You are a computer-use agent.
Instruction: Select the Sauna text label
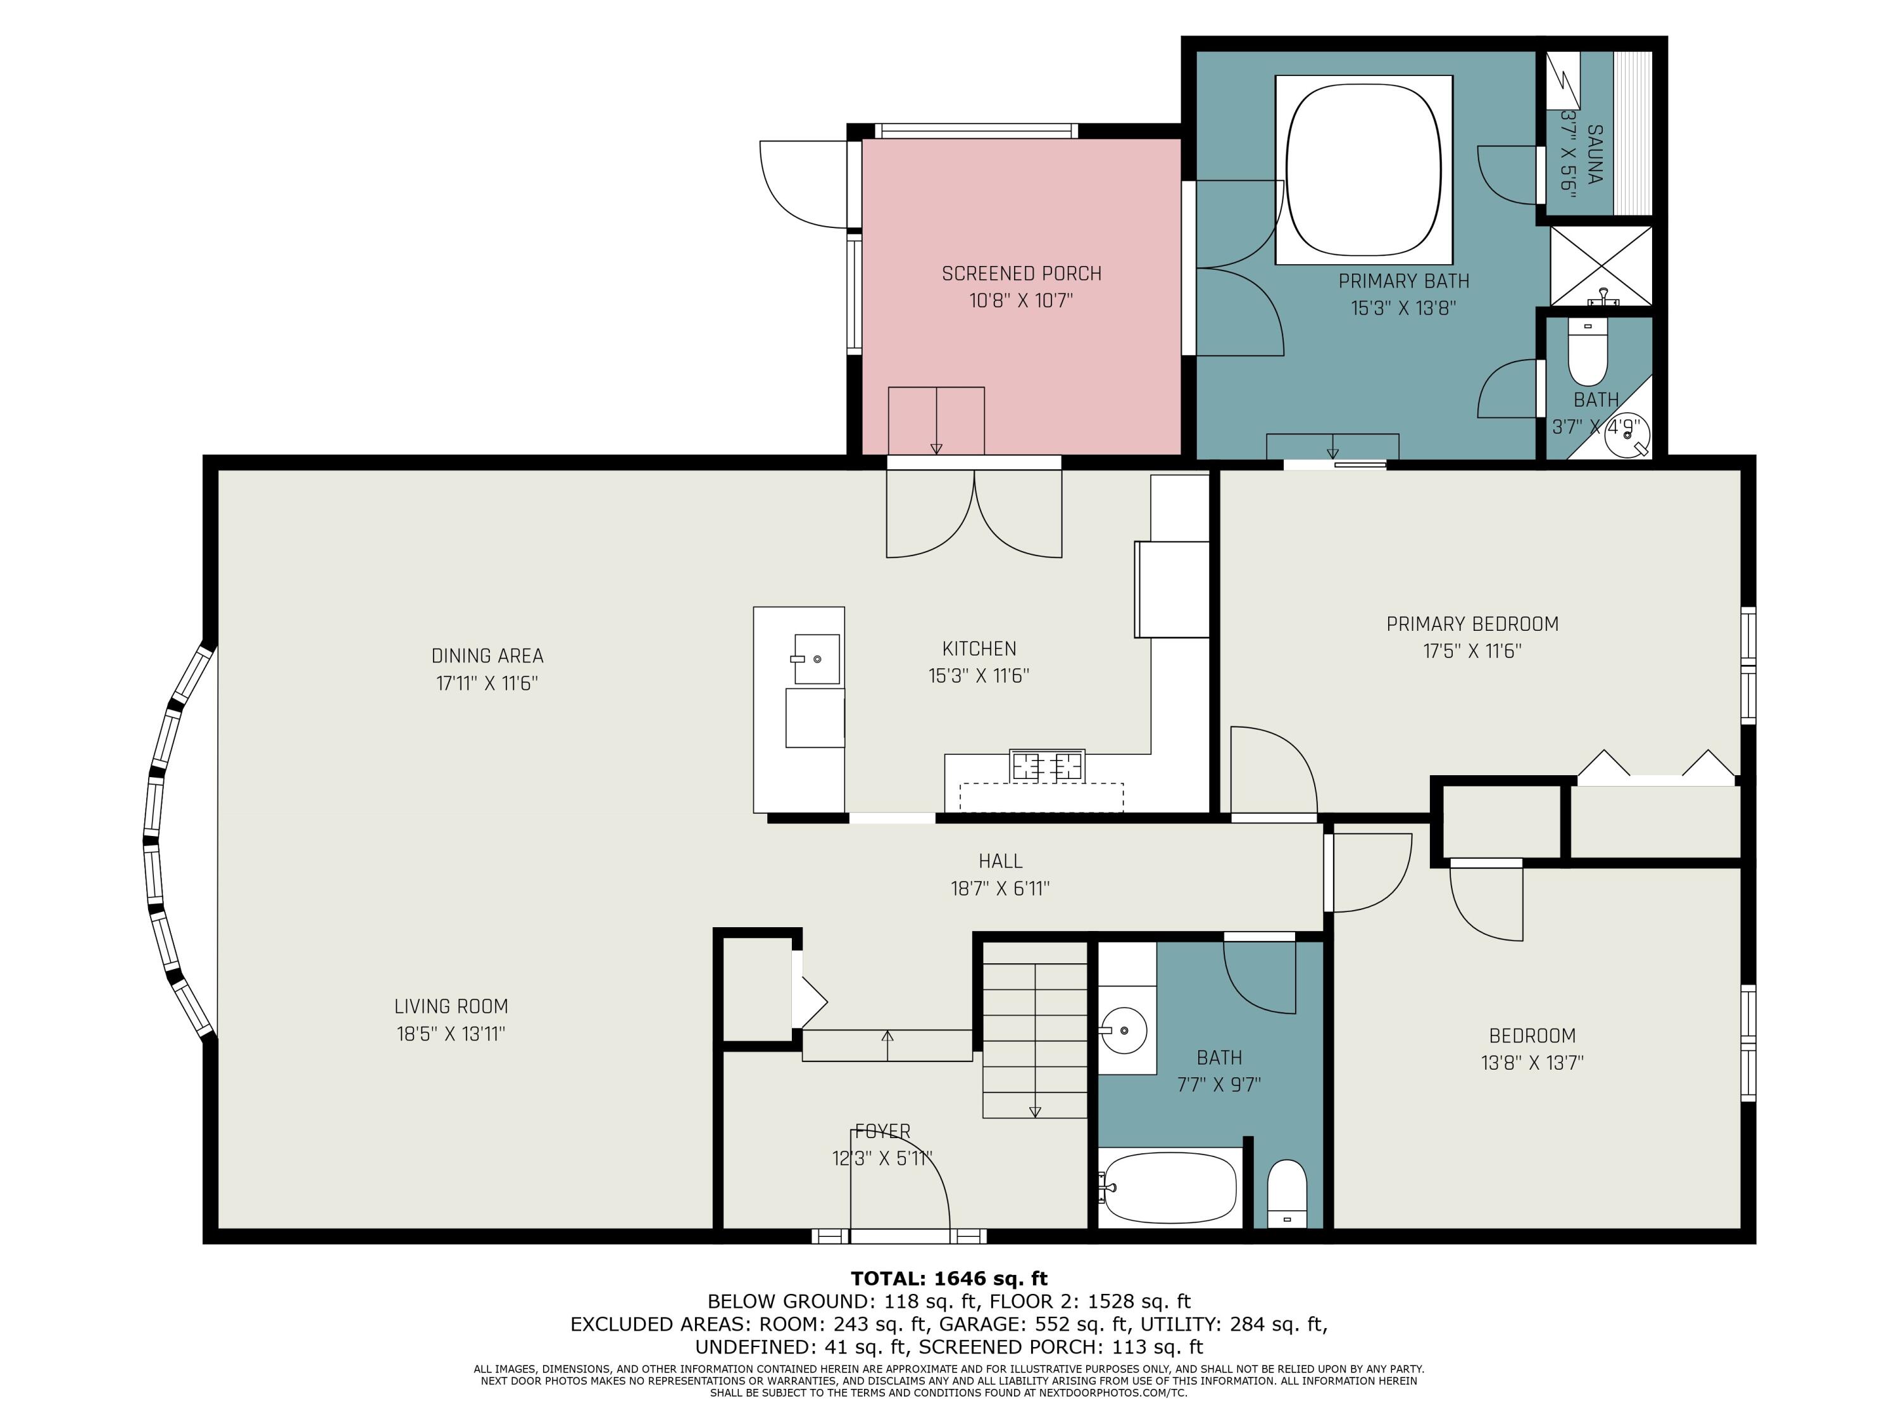1595,155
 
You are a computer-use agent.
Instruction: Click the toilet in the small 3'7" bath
1588,352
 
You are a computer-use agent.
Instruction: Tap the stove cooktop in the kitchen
1046,765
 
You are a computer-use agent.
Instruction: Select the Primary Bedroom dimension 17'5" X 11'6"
1472,651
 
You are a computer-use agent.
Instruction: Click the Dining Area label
487,656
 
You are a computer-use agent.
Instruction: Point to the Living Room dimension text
451,1034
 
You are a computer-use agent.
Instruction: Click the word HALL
1000,861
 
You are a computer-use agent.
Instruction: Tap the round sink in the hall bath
1123,1030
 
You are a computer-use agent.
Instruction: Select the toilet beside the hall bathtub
1286,1194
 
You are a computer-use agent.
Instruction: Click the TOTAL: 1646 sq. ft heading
949,1279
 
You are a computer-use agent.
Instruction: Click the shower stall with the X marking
1600,265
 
